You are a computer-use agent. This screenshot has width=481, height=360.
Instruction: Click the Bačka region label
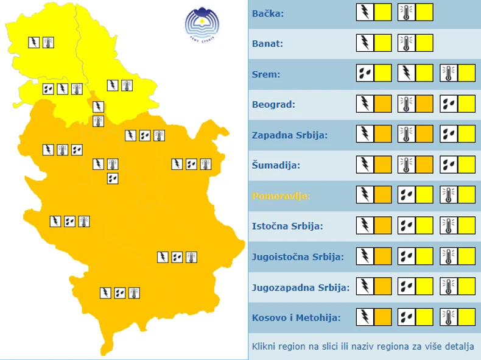point(268,13)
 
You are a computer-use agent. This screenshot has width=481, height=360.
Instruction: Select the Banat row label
point(267,44)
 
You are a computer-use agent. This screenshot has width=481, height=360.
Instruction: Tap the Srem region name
point(265,74)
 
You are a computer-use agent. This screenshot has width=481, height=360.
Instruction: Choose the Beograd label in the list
point(273,104)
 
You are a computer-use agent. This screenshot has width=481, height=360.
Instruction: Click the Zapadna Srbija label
point(289,135)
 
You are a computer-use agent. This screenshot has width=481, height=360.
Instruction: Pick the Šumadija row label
point(275,165)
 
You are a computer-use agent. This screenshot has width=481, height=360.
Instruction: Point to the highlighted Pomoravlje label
point(281,196)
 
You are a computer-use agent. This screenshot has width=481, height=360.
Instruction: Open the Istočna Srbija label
point(287,226)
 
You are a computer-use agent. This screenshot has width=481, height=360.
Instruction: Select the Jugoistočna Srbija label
point(298,256)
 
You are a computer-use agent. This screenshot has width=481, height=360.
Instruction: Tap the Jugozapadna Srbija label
point(300,287)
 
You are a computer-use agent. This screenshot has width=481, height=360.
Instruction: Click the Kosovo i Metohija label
point(296,317)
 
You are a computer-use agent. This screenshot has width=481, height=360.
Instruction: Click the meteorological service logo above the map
point(202,24)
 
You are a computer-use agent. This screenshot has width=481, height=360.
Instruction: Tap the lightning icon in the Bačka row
point(365,12)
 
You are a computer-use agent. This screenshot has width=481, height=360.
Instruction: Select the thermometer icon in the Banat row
point(407,43)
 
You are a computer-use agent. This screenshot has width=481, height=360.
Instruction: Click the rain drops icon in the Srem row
point(365,73)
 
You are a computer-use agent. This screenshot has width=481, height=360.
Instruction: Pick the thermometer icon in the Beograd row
point(407,104)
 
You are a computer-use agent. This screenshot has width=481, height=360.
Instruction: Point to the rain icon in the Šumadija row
point(449,164)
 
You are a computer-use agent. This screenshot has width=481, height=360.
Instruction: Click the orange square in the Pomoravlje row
point(383,195)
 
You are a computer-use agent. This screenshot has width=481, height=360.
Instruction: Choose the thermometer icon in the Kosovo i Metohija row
point(449,317)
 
